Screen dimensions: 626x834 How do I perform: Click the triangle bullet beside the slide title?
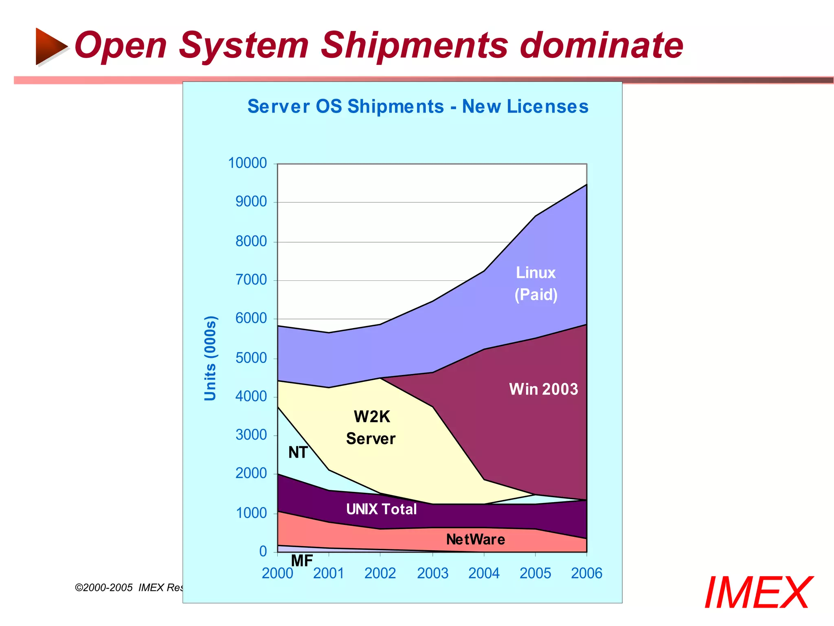coord(50,46)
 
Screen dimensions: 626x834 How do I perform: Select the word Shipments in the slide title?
coord(414,46)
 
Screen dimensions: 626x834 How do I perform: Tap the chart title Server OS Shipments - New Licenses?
coord(418,107)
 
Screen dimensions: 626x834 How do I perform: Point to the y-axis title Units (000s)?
coord(210,358)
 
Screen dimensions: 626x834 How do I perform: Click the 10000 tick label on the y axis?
coord(247,163)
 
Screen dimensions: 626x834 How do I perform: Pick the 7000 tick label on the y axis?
coord(251,280)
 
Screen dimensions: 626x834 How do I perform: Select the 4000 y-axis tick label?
coord(251,396)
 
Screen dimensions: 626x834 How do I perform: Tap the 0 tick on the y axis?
coord(263,551)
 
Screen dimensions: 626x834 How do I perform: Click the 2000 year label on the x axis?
coord(277,573)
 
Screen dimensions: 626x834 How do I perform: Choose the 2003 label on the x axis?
coord(432,573)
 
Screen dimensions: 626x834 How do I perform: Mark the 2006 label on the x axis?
coord(586,573)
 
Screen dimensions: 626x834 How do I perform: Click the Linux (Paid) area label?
coord(536,284)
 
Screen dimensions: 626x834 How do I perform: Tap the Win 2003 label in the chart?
coord(543,389)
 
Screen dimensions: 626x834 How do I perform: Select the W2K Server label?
coord(371,428)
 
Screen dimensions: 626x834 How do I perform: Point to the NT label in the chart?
coord(298,452)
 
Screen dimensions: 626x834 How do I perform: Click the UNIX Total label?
coord(381,509)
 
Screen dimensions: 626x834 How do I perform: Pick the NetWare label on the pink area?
coord(475,540)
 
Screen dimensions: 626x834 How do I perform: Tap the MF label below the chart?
coord(302,561)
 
